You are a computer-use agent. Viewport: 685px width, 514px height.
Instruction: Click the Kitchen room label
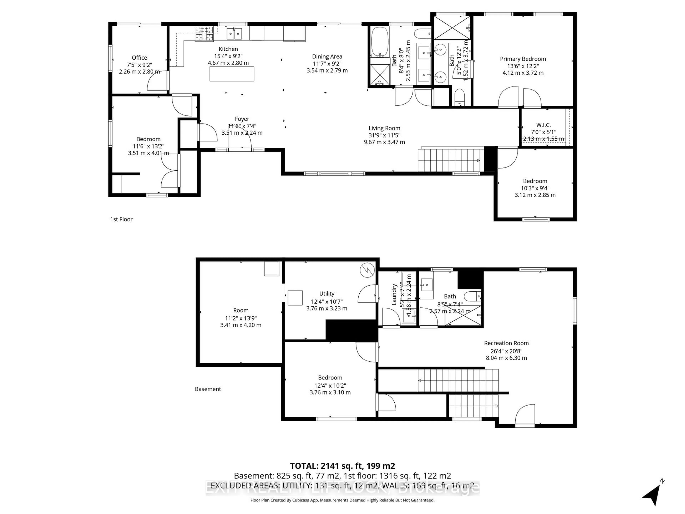pos(228,49)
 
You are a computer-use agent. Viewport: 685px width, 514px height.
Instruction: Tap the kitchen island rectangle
pos(232,74)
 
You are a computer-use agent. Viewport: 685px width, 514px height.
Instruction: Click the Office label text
pos(139,58)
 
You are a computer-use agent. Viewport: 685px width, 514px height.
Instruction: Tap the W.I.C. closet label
pos(543,125)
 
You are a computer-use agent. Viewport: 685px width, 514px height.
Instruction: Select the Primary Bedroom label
pos(523,59)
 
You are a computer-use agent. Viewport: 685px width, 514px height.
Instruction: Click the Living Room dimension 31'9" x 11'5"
pos(384,135)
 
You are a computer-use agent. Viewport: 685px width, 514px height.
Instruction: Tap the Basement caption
pos(208,389)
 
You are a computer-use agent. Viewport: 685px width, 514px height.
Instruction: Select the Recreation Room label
pos(506,343)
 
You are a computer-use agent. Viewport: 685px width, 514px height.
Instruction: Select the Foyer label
pos(242,119)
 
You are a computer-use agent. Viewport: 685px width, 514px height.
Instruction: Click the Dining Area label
pos(327,56)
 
